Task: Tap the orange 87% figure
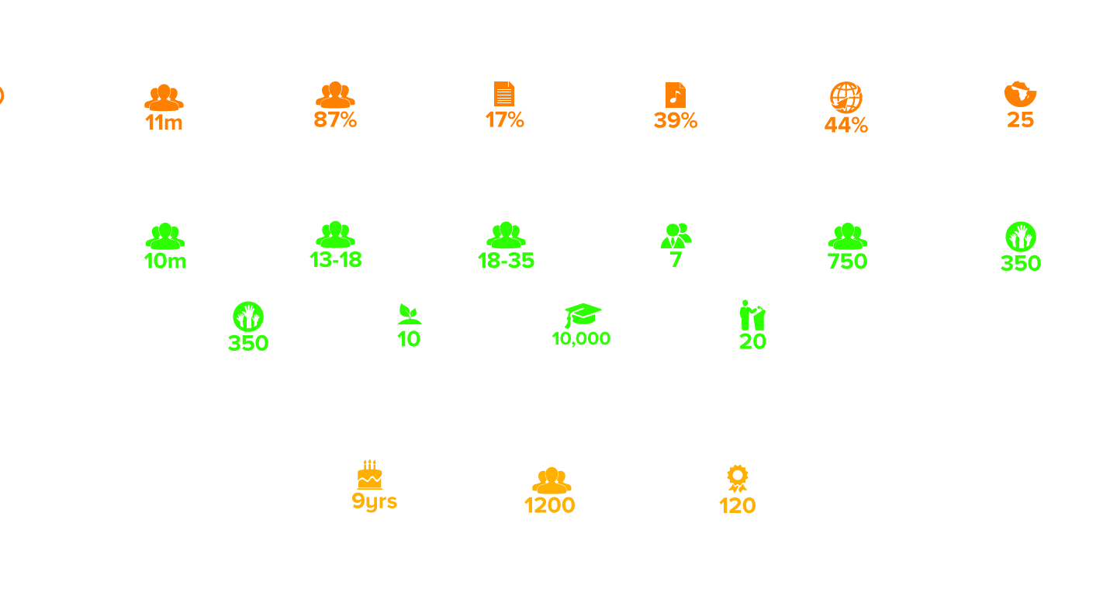tap(335, 120)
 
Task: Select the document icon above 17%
tap(504, 94)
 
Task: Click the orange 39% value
tap(675, 120)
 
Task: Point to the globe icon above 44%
tap(846, 97)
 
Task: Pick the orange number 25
tap(1020, 120)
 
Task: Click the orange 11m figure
tap(164, 122)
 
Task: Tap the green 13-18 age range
tap(336, 260)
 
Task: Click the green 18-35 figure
tap(506, 261)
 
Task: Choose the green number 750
tap(847, 262)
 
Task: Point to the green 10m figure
tap(165, 262)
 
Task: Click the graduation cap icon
tap(583, 314)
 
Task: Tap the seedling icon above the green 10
tap(409, 314)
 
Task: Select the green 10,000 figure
tap(581, 338)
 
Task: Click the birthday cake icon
tap(370, 474)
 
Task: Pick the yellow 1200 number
tap(549, 505)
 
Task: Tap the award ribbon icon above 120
tap(737, 478)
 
